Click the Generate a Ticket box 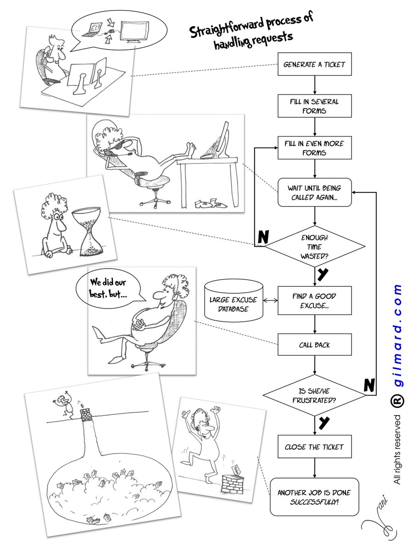point(314,65)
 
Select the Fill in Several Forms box point(314,106)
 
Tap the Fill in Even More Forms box point(314,148)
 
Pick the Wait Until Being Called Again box point(314,193)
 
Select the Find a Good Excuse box point(314,300)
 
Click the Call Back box point(314,345)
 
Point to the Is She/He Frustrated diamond point(314,395)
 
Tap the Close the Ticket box point(314,447)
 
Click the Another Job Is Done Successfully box point(314,497)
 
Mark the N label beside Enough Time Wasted point(263,236)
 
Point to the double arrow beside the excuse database point(271,301)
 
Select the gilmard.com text point(397,337)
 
